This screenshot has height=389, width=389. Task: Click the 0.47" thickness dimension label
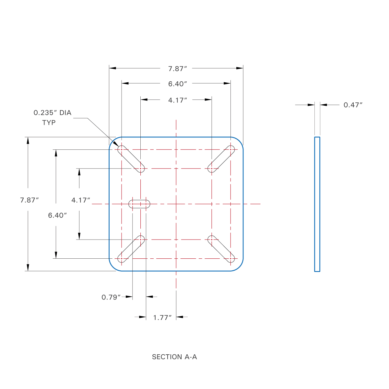point(353,105)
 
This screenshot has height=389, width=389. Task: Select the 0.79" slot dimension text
point(111,297)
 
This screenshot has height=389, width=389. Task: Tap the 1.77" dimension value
point(162,317)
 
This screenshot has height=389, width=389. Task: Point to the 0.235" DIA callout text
point(53,113)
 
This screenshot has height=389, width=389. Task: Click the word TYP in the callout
point(49,123)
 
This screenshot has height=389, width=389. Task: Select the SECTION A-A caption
point(174,357)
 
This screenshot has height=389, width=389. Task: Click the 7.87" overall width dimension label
point(178,69)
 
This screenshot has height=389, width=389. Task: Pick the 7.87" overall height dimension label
point(29,200)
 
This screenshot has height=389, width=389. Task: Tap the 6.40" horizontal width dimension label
point(178,84)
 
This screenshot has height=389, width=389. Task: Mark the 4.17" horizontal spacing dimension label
point(178,100)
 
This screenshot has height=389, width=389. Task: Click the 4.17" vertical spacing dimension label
point(81,200)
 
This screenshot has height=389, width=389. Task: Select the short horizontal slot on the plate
point(139,204)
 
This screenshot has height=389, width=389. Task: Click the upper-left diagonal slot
point(131,159)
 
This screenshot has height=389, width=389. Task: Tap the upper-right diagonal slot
point(221,159)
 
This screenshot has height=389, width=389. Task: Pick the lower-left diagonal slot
point(131,249)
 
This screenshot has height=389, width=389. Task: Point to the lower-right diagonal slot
point(221,249)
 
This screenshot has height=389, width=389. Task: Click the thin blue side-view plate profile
point(317,204)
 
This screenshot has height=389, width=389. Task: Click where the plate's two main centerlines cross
point(176,204)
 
